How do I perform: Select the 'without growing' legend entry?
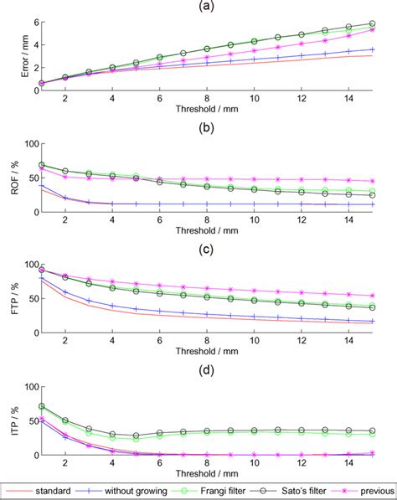click(x=126, y=487)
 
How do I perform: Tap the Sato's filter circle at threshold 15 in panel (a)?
click(x=372, y=24)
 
